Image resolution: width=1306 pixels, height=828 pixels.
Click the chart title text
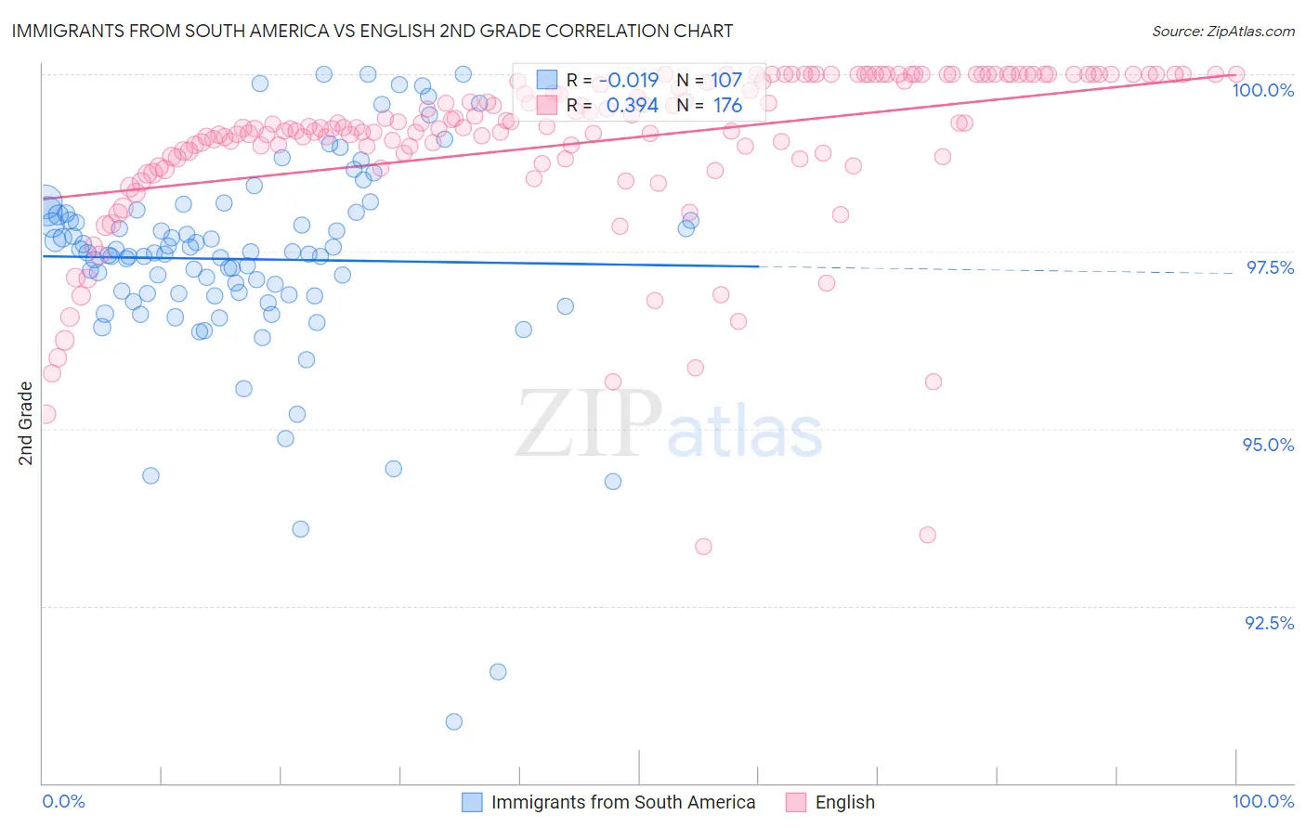point(372,31)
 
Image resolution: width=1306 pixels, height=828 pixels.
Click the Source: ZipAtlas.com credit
point(1222,31)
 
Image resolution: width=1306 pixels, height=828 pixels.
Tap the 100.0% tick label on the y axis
point(1262,90)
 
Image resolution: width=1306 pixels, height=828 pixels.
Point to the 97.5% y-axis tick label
point(1269,267)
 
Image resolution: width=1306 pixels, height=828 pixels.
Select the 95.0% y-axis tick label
point(1268,445)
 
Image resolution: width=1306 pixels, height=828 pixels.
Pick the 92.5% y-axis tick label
point(1268,623)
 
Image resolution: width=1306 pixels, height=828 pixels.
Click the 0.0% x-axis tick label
point(64,801)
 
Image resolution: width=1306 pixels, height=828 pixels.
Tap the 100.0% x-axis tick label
point(1262,801)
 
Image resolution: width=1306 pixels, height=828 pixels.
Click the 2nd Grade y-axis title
point(26,423)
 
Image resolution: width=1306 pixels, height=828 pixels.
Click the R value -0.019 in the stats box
point(629,80)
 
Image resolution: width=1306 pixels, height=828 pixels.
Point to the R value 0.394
point(632,106)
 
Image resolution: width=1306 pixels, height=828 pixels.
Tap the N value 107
point(726,80)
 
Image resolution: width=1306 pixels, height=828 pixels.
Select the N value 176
point(727,106)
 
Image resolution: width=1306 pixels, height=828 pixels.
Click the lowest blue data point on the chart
point(453,721)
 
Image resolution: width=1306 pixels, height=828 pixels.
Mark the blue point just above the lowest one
point(498,671)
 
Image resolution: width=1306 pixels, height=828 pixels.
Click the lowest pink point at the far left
point(46,414)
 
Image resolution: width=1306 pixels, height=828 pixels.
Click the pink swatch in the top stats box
point(547,105)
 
